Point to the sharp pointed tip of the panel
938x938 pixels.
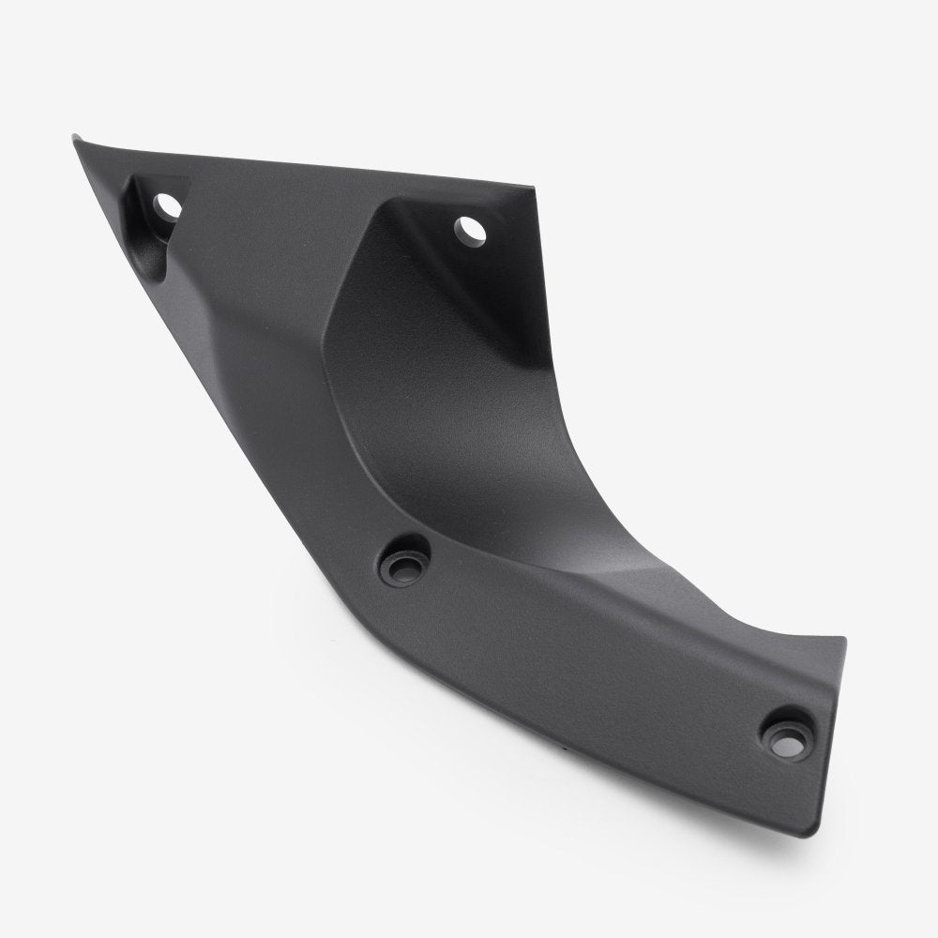tap(76, 140)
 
